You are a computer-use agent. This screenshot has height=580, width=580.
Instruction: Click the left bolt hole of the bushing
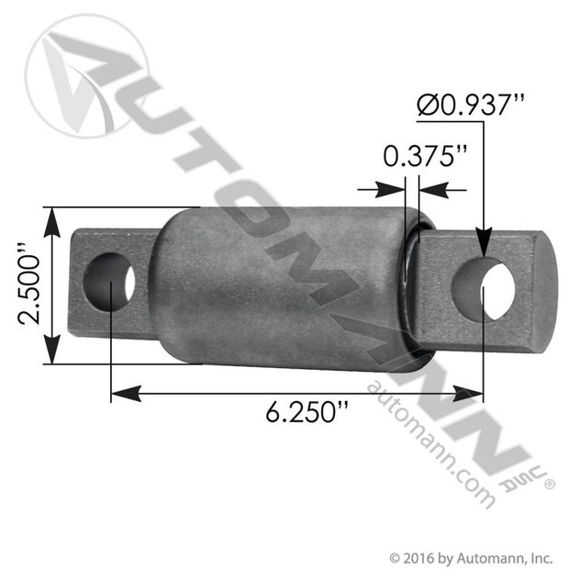pyautogui.click(x=110, y=282)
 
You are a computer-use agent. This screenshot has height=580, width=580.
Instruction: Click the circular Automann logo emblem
pyautogui.click(x=86, y=74)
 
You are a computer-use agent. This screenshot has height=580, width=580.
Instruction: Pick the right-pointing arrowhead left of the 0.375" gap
pyautogui.click(x=396, y=189)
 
